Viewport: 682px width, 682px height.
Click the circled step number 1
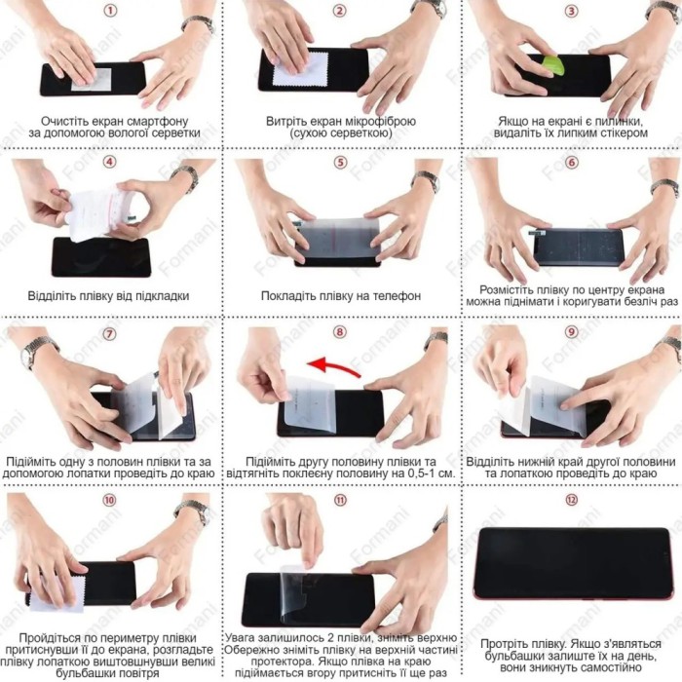(x=109, y=10)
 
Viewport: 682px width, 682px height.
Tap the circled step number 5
(x=340, y=163)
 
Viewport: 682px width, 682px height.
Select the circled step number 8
(x=340, y=332)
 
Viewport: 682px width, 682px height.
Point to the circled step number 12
(x=571, y=500)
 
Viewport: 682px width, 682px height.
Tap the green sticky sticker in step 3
(x=552, y=66)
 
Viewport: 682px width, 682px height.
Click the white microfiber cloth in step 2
(x=300, y=69)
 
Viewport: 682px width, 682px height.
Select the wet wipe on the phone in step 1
(x=93, y=80)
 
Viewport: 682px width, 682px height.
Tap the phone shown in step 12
(x=572, y=563)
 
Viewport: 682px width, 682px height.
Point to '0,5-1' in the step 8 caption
(x=417, y=474)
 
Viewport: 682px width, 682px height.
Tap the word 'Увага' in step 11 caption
(x=240, y=637)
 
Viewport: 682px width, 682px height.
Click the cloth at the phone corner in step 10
(x=57, y=594)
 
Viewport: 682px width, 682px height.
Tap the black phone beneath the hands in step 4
(x=101, y=257)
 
